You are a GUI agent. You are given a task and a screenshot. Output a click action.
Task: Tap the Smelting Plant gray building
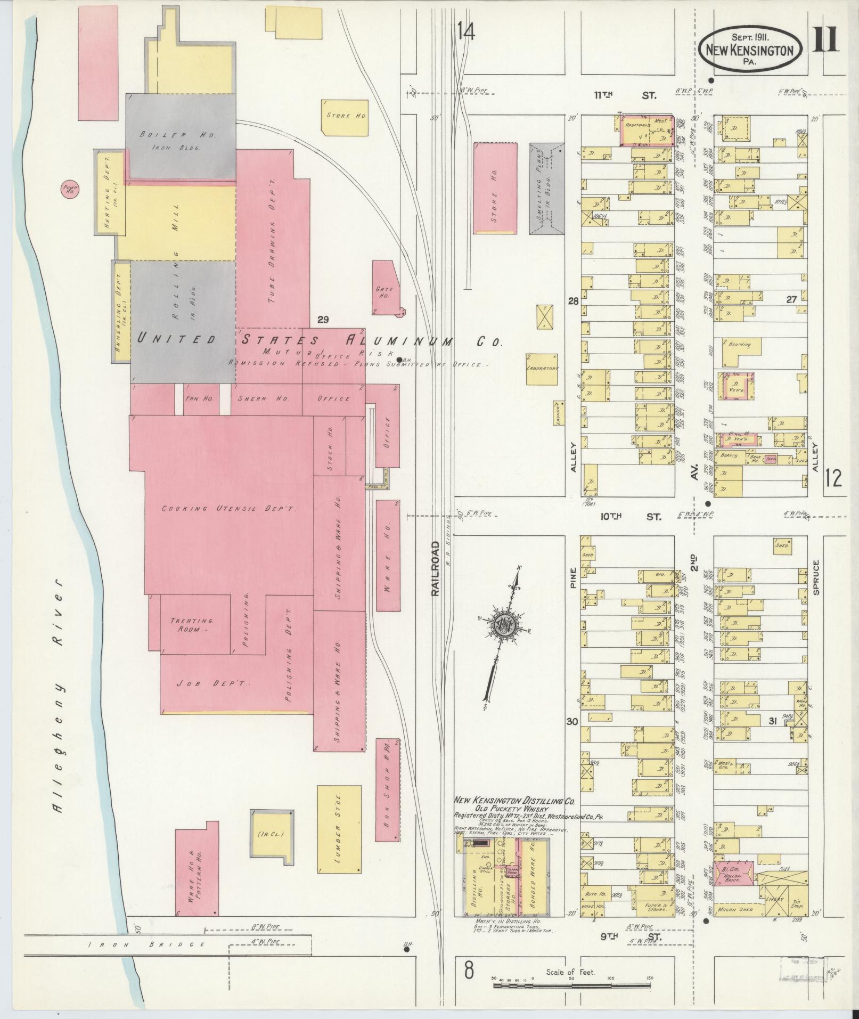point(546,188)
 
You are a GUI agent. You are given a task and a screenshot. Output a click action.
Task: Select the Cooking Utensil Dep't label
point(229,509)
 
